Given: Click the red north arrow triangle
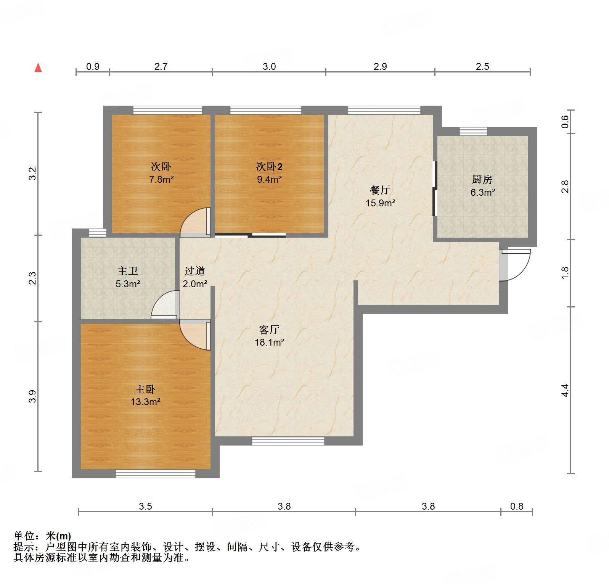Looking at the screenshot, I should (x=38, y=68).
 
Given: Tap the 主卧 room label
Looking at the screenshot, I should (x=145, y=389).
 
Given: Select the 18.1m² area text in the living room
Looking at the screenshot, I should (x=270, y=343).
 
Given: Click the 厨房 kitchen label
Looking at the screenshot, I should (x=482, y=179).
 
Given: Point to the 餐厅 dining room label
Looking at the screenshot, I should (x=380, y=190).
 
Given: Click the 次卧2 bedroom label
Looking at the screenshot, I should (x=269, y=167).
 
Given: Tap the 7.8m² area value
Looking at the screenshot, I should (x=161, y=179).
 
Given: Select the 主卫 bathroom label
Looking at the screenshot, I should (x=128, y=271).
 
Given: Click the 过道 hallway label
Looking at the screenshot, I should (x=195, y=271).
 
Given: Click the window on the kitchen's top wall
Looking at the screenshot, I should (x=473, y=132).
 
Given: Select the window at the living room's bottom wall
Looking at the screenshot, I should (x=288, y=441).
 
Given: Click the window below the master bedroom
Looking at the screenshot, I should (x=155, y=474).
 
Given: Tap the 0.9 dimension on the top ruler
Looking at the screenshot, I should (x=93, y=67).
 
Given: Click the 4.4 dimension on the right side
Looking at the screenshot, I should (x=565, y=390).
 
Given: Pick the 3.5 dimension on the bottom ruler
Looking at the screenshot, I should (x=145, y=506).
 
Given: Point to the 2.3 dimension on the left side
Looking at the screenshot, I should (x=33, y=278).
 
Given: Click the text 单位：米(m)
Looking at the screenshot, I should (x=42, y=536).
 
